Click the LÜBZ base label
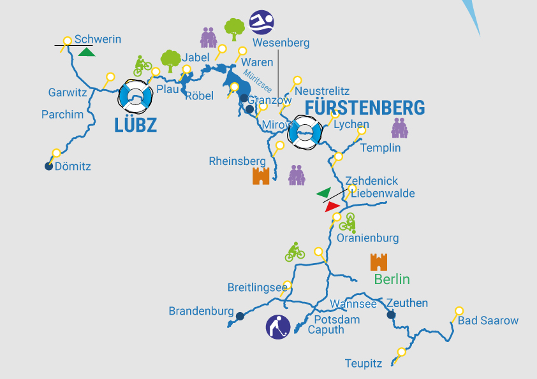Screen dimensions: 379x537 coord(135,125)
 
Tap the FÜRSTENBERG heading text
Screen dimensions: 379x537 coord(365,108)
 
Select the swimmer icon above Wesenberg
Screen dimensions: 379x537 coord(261,22)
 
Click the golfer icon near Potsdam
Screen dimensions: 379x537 coord(278,327)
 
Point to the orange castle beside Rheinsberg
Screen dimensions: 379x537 coord(261,176)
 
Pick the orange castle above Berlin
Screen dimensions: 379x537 coord(379,261)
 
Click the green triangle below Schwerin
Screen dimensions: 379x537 coord(87,52)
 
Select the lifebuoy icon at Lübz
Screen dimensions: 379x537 coord(136,96)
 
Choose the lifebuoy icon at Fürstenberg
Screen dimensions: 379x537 coord(303,133)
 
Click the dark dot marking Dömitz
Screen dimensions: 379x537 coord(48,166)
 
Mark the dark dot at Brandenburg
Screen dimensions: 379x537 coord(240,316)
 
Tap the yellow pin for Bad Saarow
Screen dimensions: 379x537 coord(459,311)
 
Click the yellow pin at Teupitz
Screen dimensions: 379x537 coord(401,352)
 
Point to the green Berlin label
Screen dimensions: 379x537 coord(392,279)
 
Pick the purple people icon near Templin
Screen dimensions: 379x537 coord(399,128)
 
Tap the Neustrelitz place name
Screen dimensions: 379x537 coord(323,91)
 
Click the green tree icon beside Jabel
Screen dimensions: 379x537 coord(170,61)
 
